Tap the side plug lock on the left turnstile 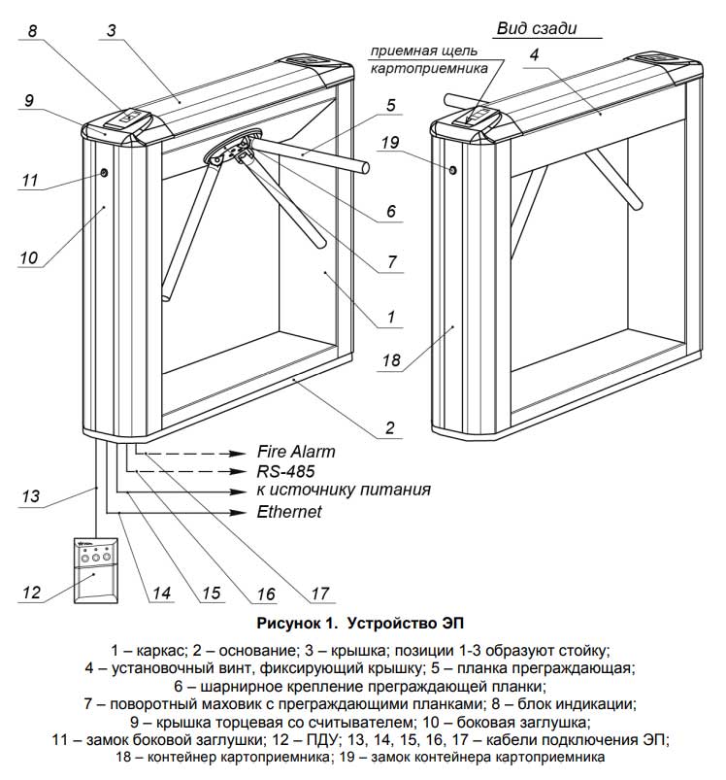[103, 174]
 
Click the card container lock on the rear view [452, 171]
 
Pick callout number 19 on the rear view [391, 143]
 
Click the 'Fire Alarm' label [296, 452]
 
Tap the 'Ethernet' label [289, 511]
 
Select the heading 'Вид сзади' [536, 28]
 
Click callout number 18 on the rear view [391, 360]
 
